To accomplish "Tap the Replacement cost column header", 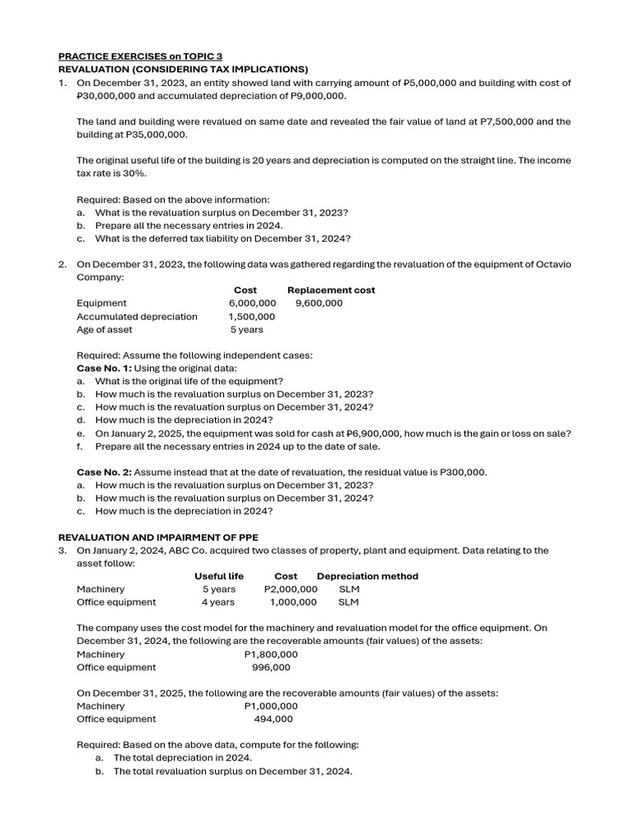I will click(331, 290).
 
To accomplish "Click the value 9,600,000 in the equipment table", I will click(319, 303).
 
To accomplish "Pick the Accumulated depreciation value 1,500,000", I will click(252, 316).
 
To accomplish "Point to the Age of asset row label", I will click(104, 329).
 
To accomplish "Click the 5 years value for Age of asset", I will click(247, 329).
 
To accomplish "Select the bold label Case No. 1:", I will click(103, 368).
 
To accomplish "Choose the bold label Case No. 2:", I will click(103, 472).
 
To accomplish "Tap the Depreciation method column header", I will click(367, 576).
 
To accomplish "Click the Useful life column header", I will click(219, 576).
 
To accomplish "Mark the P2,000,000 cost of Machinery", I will click(290, 589).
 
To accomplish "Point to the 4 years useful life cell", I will click(219, 602).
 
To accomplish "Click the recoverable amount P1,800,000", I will click(271, 655).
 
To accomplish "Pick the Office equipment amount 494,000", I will click(273, 719).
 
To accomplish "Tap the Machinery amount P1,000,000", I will click(271, 705).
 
